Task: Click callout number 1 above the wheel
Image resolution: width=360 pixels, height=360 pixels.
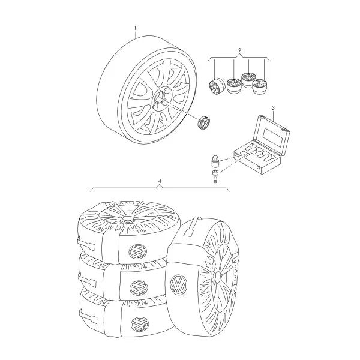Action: click(135, 28)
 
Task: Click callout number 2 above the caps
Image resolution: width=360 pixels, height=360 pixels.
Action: click(239, 50)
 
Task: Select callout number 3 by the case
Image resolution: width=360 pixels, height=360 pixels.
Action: click(273, 107)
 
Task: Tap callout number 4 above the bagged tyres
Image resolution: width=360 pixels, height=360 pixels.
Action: click(160, 181)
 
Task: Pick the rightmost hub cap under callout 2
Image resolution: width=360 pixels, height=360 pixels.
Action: click(260, 86)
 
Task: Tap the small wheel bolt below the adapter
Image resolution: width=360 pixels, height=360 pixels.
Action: click(215, 176)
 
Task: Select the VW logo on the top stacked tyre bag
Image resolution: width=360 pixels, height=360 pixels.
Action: click(137, 251)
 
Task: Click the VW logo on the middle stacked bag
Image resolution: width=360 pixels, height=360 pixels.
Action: click(138, 287)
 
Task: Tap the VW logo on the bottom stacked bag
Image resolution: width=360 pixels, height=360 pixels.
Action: click(140, 324)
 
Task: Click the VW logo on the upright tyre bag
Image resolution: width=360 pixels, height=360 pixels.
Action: click(179, 284)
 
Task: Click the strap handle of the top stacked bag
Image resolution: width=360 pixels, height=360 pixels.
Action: click(86, 244)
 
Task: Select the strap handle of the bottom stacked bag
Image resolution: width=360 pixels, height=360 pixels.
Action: click(88, 316)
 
